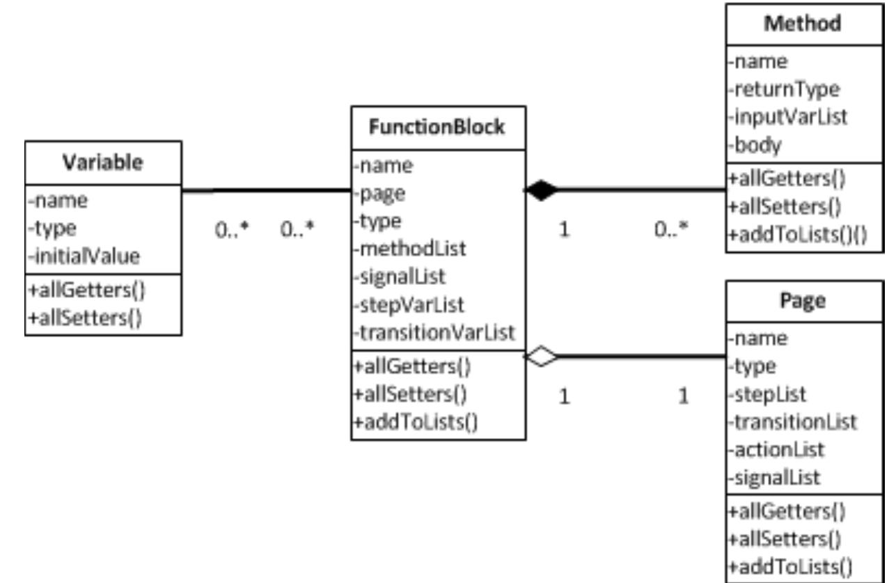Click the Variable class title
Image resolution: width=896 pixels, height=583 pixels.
pyautogui.click(x=102, y=162)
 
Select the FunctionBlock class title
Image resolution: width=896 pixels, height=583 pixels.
pyautogui.click(x=437, y=127)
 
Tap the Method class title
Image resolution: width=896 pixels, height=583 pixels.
pyautogui.click(x=803, y=24)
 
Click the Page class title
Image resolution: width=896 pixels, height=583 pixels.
pyautogui.click(x=803, y=302)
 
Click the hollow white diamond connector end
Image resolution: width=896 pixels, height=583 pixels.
pyautogui.click(x=541, y=357)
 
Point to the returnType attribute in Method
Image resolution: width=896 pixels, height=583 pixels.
pyautogui.click(x=785, y=89)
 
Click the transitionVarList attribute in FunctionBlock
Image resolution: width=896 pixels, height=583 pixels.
pyautogui.click(x=434, y=333)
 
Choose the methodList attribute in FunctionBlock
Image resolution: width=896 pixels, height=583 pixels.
pyautogui.click(x=409, y=249)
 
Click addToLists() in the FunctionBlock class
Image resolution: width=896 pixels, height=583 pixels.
pyautogui.click(x=415, y=422)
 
